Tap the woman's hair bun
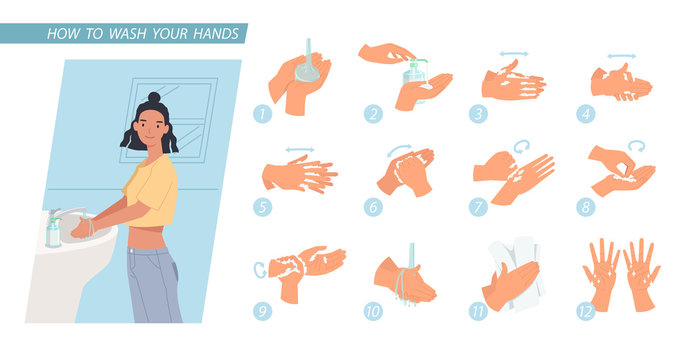(x=153, y=98)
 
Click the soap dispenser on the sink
(x=53, y=231)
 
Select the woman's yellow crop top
(x=154, y=190)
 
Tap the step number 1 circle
(x=262, y=113)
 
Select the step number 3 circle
(x=478, y=113)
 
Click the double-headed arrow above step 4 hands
(x=621, y=57)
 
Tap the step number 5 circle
(x=262, y=207)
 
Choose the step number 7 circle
(x=478, y=207)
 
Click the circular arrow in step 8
(x=636, y=146)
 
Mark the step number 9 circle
(x=262, y=310)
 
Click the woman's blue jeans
(x=153, y=285)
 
